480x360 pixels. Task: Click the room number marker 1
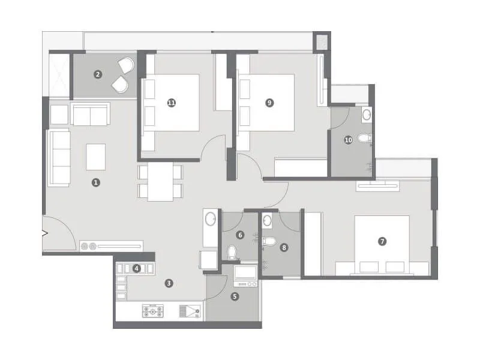point(95,182)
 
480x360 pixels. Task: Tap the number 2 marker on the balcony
point(98,75)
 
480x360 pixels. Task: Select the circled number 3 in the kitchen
point(170,283)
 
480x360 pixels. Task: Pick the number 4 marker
point(137,268)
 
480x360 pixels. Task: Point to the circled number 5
point(235,296)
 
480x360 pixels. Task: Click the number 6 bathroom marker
point(240,235)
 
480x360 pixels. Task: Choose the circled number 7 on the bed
point(382,242)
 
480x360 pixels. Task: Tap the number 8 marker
point(284,246)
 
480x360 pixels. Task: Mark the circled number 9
point(269,103)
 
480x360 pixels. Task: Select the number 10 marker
point(348,140)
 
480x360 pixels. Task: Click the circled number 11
point(172,103)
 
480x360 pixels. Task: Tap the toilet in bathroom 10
point(364,139)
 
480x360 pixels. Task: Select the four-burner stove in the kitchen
point(154,311)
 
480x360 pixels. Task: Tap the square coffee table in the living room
point(96,157)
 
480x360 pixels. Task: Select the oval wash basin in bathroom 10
point(367,113)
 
